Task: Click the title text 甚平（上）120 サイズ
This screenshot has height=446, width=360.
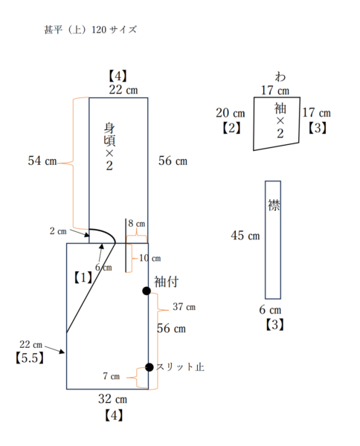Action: (x=90, y=31)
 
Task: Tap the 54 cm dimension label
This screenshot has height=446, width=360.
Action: (x=42, y=161)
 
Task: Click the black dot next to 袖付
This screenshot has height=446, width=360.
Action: (x=147, y=291)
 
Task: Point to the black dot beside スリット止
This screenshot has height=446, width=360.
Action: (x=149, y=367)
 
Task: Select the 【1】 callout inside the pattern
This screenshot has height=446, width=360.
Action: (x=83, y=277)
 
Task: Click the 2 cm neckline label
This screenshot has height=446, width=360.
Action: (x=58, y=231)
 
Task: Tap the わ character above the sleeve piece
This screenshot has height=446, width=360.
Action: (x=280, y=77)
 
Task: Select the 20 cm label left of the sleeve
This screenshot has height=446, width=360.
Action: (x=231, y=113)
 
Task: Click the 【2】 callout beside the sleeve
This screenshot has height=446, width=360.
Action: (x=231, y=128)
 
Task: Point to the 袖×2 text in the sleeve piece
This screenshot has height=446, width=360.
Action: (x=280, y=121)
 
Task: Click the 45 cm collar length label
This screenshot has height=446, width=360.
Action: (x=245, y=236)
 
